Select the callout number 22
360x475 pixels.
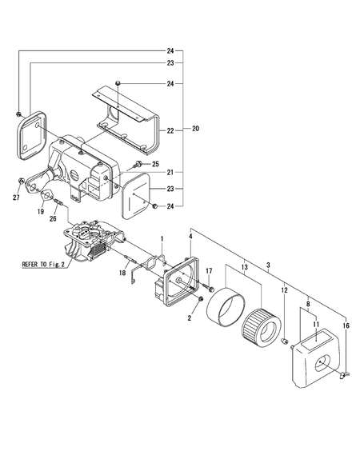pos(170,130)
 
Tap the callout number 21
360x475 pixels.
pos(170,173)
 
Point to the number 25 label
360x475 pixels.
pos(155,164)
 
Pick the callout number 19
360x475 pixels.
pos(41,212)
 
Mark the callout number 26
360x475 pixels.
pos(53,218)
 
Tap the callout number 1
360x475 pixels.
pos(162,238)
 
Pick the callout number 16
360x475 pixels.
pos(346,326)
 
